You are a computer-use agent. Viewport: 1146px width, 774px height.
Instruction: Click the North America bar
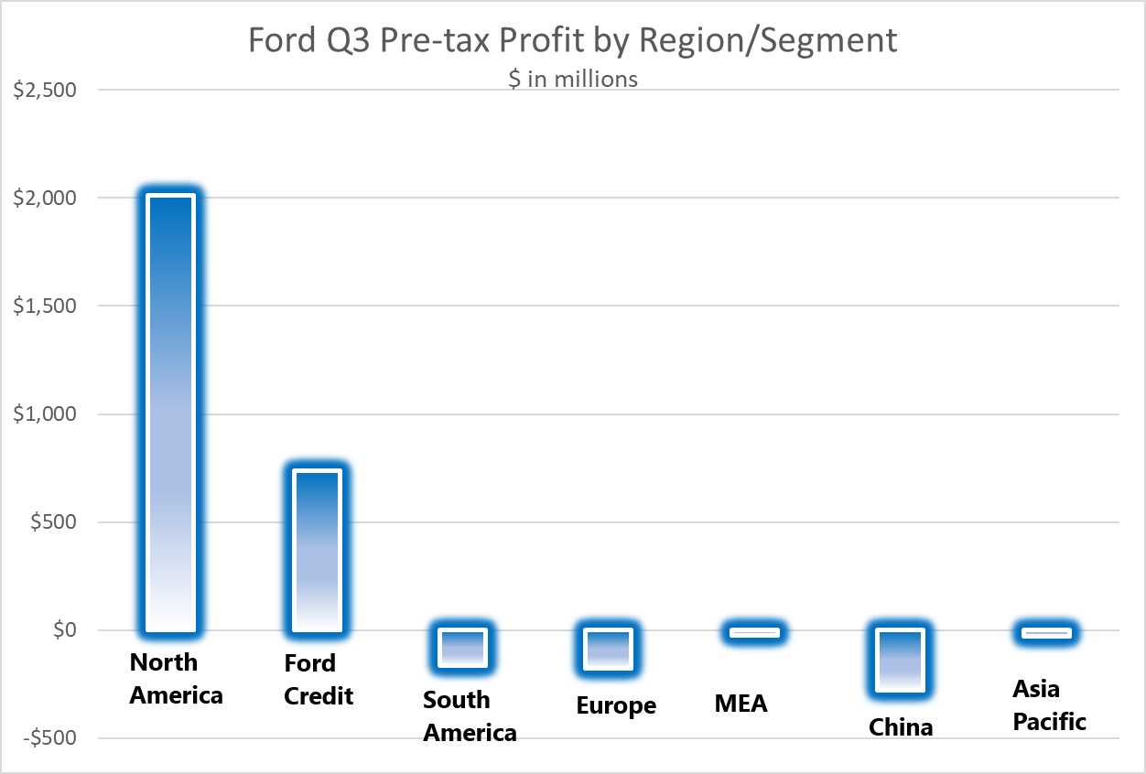coord(170,413)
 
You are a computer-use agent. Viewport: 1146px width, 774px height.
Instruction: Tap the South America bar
coord(461,647)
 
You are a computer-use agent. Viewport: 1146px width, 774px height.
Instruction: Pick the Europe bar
coord(607,650)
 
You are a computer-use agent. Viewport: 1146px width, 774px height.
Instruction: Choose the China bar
coord(899,660)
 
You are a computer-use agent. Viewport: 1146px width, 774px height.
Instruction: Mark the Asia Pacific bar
coord(1044,632)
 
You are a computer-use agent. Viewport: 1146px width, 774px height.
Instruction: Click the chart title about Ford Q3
coord(572,40)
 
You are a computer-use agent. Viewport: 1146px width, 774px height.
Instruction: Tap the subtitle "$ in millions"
coord(573,79)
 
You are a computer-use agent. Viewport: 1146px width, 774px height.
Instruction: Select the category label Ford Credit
coord(318,679)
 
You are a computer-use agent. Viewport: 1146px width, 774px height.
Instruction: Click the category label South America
coord(470,716)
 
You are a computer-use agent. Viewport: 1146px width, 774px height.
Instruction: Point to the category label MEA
coord(741,704)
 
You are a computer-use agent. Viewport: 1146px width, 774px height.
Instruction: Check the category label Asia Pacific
coord(1049,704)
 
